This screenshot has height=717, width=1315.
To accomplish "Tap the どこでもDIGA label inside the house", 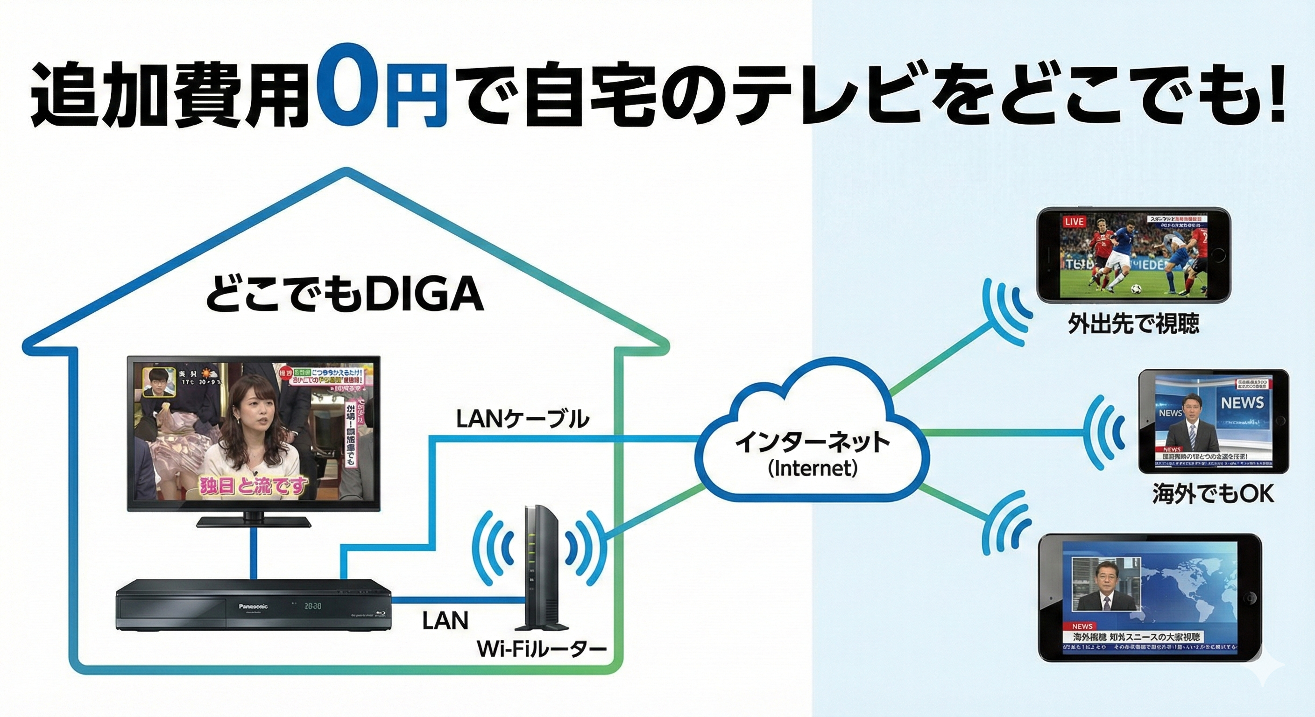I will click(x=345, y=295).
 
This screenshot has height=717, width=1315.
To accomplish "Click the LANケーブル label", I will click(x=522, y=420).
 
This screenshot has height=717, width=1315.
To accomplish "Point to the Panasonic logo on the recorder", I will click(x=253, y=606).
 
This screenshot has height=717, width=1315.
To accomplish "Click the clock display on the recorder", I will click(x=312, y=607).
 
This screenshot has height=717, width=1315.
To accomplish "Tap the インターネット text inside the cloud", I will click(x=812, y=443).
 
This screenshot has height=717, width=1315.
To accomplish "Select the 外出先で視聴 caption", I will click(x=1133, y=323).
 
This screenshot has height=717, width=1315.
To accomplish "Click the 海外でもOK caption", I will click(x=1213, y=493).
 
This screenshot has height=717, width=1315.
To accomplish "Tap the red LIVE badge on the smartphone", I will click(x=1074, y=221).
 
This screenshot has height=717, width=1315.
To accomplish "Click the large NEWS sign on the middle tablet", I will click(x=1242, y=403).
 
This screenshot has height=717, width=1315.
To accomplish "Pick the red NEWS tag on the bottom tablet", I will click(x=1082, y=626).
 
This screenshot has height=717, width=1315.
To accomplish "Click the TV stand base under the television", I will click(x=253, y=521).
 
